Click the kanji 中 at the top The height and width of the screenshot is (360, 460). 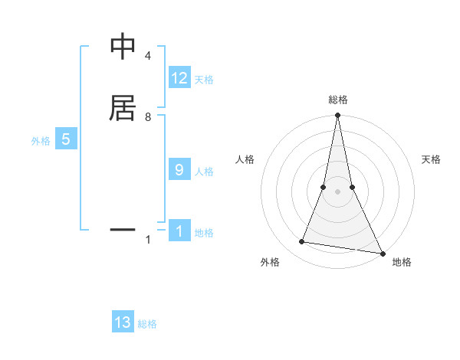tap(123, 47)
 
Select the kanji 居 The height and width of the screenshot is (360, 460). tap(123, 108)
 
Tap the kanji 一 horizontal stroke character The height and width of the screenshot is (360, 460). tap(123, 228)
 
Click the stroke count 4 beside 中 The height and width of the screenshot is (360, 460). tap(147, 57)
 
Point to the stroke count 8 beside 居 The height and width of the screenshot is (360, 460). tap(147, 117)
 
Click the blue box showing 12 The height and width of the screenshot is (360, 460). tap(179, 78)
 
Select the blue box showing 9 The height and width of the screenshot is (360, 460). tap(179, 170)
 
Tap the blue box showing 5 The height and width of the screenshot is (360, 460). tap(66, 139)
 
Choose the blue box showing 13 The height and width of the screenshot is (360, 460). tap(123, 322)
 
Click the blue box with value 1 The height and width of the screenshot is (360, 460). tap(179, 231)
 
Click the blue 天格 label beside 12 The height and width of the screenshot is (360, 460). tap(204, 80)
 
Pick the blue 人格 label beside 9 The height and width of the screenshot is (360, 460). tap(204, 172)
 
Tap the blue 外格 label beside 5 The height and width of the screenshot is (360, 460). tap(40, 141)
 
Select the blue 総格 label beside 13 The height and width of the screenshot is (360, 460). tap(147, 324)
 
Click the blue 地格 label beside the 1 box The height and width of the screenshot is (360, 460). tap(204, 233)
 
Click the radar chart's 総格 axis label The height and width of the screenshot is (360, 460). tap(337, 100)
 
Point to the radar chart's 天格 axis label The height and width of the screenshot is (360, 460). tap(431, 159)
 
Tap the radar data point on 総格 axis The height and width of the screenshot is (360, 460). tap(337, 116)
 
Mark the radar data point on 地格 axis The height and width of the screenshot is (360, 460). tap(381, 252)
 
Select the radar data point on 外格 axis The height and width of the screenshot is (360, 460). tap(302, 242)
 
